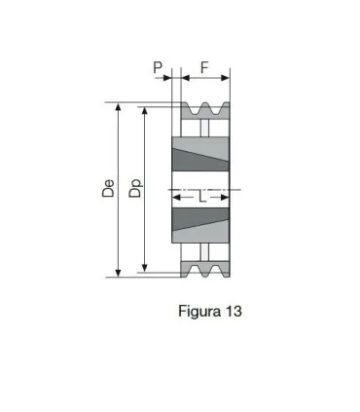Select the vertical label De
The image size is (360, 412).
109,188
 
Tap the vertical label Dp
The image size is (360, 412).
136,188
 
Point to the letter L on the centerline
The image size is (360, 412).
201,196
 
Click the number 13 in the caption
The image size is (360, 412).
233,312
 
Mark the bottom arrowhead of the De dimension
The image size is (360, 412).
120,273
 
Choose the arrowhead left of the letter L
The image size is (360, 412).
176,196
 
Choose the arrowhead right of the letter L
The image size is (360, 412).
227,196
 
